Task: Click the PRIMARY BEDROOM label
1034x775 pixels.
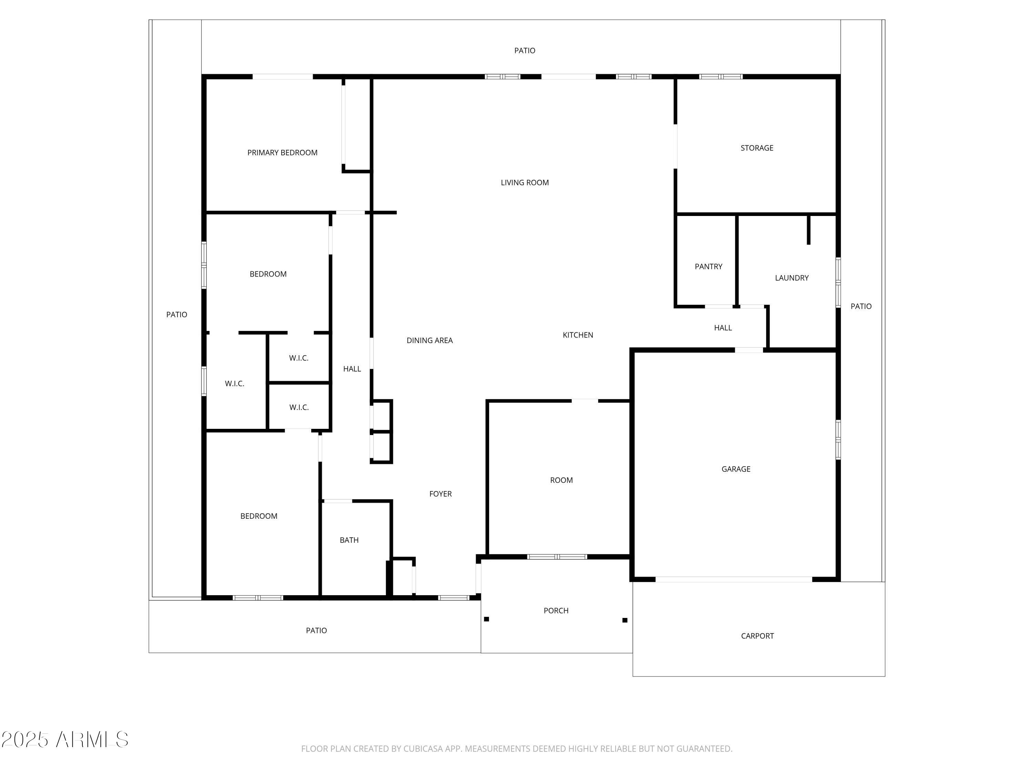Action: pyautogui.click(x=282, y=153)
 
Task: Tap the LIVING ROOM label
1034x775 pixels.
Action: pyautogui.click(x=525, y=183)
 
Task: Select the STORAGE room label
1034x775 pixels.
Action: pyautogui.click(x=757, y=148)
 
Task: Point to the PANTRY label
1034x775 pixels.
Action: pyautogui.click(x=708, y=267)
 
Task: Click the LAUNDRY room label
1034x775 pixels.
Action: pyautogui.click(x=791, y=278)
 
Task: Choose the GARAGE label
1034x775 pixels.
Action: pyautogui.click(x=736, y=469)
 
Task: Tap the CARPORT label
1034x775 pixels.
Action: pyautogui.click(x=757, y=636)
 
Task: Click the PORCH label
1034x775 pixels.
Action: pyautogui.click(x=556, y=611)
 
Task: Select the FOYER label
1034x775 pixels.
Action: pyautogui.click(x=440, y=494)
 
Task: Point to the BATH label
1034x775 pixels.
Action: pyautogui.click(x=349, y=540)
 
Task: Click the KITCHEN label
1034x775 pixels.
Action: pyautogui.click(x=578, y=335)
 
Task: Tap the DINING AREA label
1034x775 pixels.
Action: pyautogui.click(x=429, y=341)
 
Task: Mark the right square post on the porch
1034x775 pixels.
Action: pyautogui.click(x=625, y=620)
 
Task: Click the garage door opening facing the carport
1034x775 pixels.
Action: pyautogui.click(x=733, y=579)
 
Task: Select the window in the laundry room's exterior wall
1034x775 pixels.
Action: pyautogui.click(x=838, y=283)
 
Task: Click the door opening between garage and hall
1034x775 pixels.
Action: pyautogui.click(x=749, y=350)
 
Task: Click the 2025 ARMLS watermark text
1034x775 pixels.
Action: pyautogui.click(x=65, y=740)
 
